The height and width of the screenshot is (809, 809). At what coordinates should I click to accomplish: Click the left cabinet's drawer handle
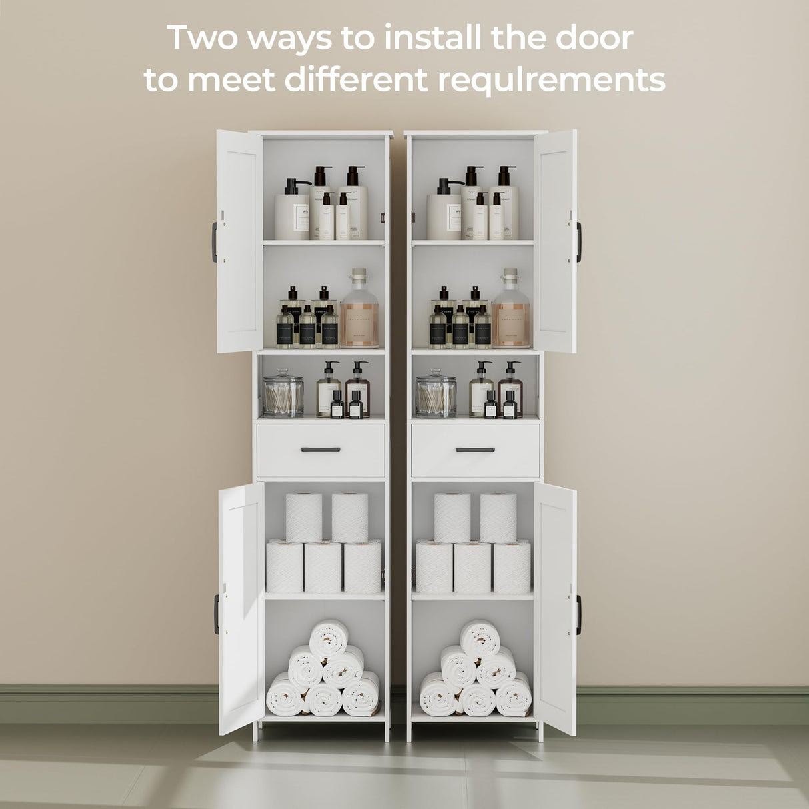coord(321,450)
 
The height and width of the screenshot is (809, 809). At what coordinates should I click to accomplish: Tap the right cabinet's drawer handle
coord(475,450)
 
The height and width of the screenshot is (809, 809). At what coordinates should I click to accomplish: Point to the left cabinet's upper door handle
coord(215,242)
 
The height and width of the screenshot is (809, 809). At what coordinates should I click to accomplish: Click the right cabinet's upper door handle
coord(579,242)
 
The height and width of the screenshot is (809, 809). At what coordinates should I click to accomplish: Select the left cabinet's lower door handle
coord(216,614)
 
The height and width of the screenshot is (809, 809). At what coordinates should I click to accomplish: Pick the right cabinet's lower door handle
coord(578,614)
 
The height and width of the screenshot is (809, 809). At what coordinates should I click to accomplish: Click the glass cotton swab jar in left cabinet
coord(283,395)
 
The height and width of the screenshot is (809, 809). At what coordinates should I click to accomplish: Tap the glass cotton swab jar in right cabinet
coord(436,395)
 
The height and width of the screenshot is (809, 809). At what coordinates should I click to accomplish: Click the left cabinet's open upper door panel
coord(239,242)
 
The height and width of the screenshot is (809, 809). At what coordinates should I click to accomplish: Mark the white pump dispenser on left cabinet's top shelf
coord(292,211)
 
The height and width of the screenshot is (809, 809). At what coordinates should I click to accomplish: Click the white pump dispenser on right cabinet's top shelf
coord(444,211)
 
